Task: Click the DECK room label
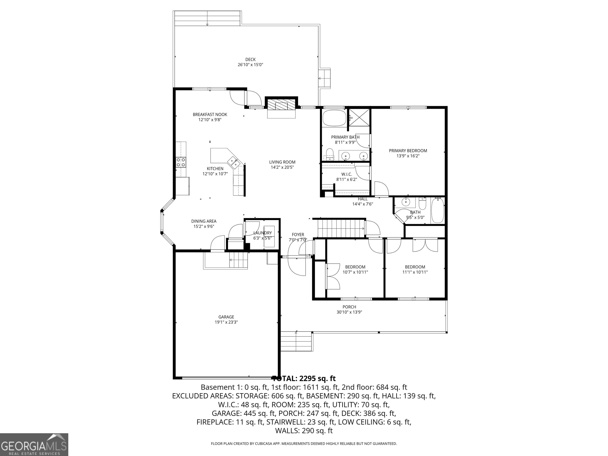tap(250, 59)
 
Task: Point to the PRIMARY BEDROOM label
tap(408, 151)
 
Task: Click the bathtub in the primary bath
tap(334, 118)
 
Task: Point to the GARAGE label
tap(226, 317)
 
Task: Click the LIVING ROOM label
tap(282, 162)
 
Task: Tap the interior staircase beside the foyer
tap(341, 228)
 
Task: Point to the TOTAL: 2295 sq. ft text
tap(304, 378)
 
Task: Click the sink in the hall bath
tap(406, 202)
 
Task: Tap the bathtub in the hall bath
tap(437, 210)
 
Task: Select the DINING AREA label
tap(204, 221)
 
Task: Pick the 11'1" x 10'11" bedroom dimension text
tap(415, 272)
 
